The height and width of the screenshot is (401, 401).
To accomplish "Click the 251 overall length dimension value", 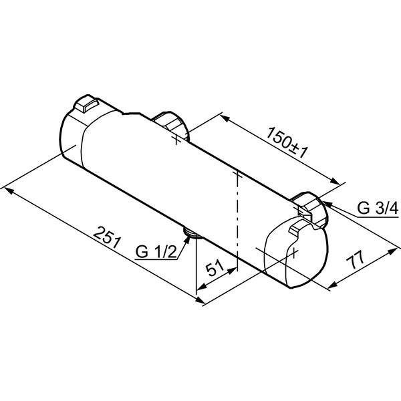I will click(x=106, y=239).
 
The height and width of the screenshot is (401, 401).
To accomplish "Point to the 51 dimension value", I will click(x=216, y=269).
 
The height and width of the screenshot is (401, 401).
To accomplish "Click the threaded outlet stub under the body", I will click(x=190, y=233).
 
